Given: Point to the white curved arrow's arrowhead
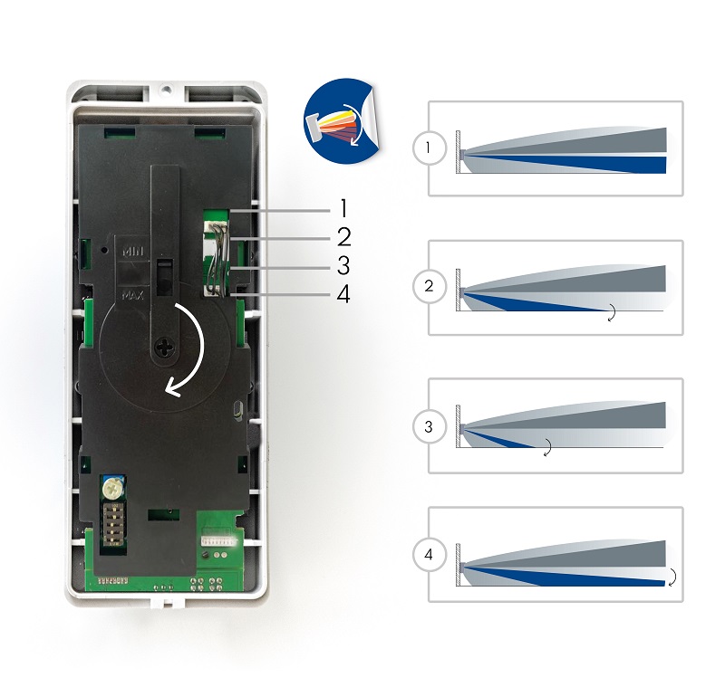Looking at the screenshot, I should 171,389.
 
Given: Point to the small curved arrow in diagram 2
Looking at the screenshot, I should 612,313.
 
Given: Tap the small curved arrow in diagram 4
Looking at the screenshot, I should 672,578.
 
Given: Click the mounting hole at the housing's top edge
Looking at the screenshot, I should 167,90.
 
